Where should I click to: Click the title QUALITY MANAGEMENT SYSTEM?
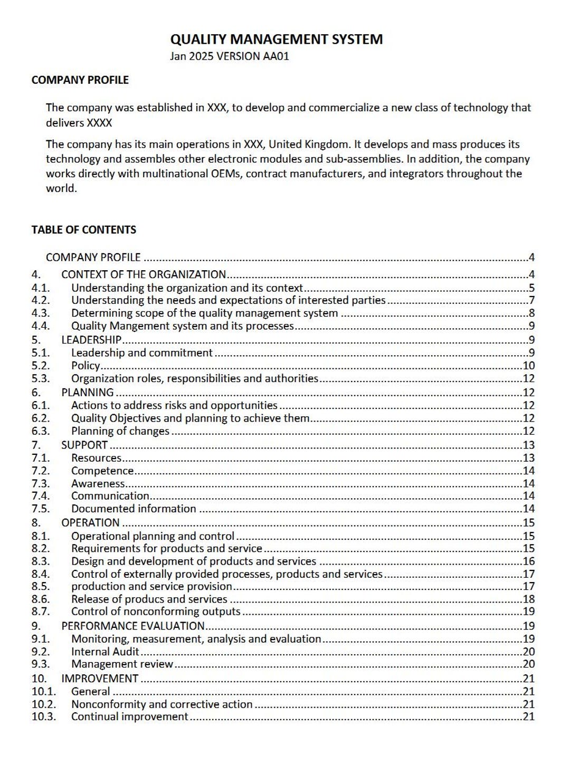pyautogui.click(x=276, y=40)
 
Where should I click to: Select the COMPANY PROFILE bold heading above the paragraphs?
pyautogui.click(x=80, y=80)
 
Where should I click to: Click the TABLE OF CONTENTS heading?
pyautogui.click(x=83, y=230)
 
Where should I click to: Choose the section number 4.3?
pyautogui.click(x=40, y=313)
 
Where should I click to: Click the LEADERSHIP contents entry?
pyautogui.click(x=91, y=340)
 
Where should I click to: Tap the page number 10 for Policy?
pyautogui.click(x=528, y=366)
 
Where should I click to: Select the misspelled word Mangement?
pyautogui.click(x=135, y=326)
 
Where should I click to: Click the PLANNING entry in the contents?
pyautogui.click(x=88, y=393)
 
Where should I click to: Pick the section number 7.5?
pyautogui.click(x=40, y=509)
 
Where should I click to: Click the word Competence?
pyautogui.click(x=102, y=471)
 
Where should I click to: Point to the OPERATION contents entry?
pyautogui.click(x=90, y=523)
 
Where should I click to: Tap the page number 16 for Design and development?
pyautogui.click(x=528, y=561)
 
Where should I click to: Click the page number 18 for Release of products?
pyautogui.click(x=528, y=599)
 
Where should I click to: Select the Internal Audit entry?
pyautogui.click(x=105, y=652)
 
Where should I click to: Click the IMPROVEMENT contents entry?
pyautogui.click(x=100, y=679)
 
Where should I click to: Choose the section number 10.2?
pyautogui.click(x=43, y=704)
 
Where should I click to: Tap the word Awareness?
pyautogui.click(x=98, y=483)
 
